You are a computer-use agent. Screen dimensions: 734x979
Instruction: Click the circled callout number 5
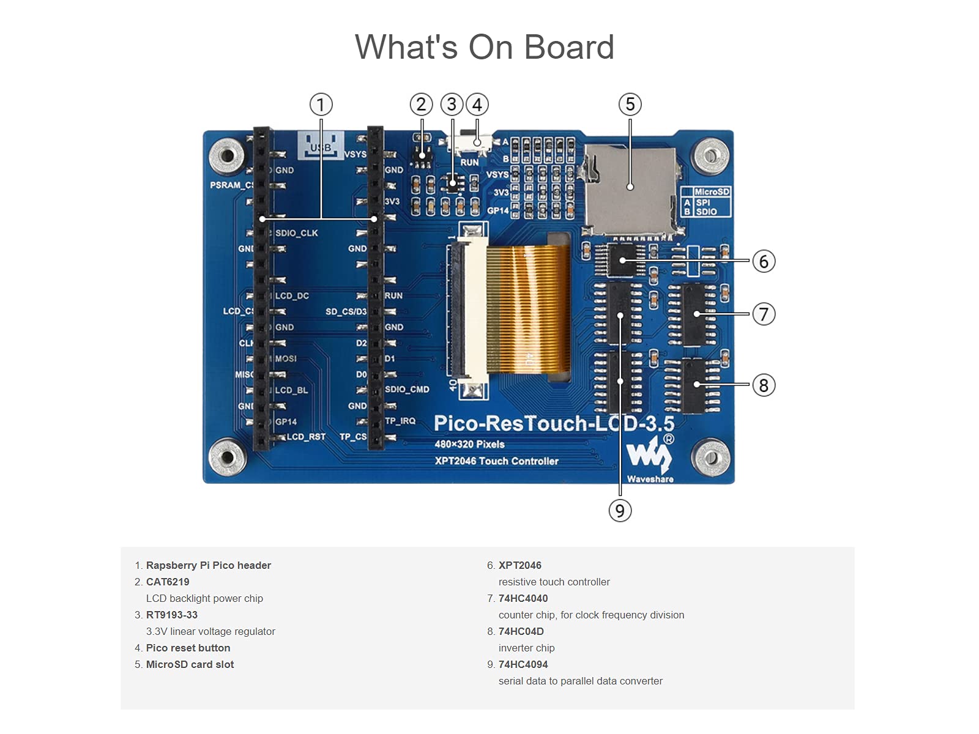(630, 105)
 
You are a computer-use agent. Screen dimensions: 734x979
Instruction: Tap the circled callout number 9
(620, 510)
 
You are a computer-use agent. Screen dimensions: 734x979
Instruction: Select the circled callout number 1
(321, 105)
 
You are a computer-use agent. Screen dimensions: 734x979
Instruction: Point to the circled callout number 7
(763, 314)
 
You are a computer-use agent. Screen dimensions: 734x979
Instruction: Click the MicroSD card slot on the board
(630, 190)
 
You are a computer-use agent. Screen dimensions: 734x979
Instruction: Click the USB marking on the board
(320, 147)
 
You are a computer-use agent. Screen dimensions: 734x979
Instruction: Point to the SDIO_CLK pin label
(296, 233)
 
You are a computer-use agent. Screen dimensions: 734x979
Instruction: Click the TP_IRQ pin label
(400, 421)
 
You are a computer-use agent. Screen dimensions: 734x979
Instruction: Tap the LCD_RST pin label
(306, 437)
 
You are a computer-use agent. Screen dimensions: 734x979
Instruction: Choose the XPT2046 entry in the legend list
(519, 565)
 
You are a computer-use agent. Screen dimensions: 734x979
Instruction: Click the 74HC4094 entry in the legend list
(523, 664)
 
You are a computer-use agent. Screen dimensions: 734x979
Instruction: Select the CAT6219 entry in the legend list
(168, 582)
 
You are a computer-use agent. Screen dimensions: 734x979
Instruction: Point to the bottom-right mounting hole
(710, 457)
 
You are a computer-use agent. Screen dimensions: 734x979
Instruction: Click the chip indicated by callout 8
(696, 385)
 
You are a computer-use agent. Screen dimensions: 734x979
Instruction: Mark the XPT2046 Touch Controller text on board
(496, 461)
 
